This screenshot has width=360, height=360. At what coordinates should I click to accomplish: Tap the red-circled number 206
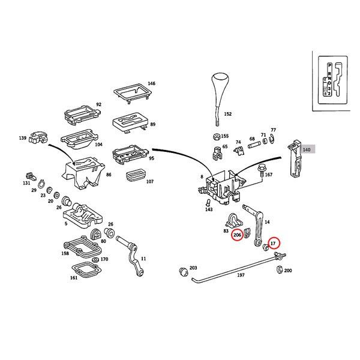point(238,235)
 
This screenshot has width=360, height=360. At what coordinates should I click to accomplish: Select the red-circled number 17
point(274,243)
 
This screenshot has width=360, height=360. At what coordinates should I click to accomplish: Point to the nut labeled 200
point(279,271)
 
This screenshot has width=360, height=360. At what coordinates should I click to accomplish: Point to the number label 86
point(109,175)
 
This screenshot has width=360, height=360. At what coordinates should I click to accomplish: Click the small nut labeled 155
point(215,136)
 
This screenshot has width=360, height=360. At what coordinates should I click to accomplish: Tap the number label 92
point(99,104)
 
